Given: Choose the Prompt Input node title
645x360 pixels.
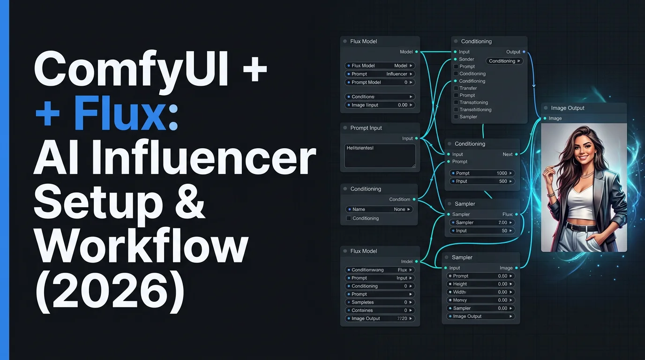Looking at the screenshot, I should click(366, 128).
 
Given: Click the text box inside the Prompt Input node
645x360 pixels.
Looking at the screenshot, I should click(380, 156).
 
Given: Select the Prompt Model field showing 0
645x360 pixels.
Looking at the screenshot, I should click(380, 82).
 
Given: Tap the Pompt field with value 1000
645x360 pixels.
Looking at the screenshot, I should click(481, 173).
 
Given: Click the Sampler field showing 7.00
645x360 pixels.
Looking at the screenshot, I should click(481, 223).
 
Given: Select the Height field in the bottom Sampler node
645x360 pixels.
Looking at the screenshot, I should click(481, 284).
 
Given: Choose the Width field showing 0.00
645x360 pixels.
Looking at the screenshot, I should click(481, 292).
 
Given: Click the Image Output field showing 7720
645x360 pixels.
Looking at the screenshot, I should click(380, 319).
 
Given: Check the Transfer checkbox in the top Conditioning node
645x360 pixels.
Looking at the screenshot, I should click(456, 88).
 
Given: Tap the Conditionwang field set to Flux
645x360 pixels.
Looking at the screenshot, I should click(380, 270).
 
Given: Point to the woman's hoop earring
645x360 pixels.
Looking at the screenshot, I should click(574, 161).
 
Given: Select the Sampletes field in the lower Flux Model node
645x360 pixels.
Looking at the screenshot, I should click(380, 302).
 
